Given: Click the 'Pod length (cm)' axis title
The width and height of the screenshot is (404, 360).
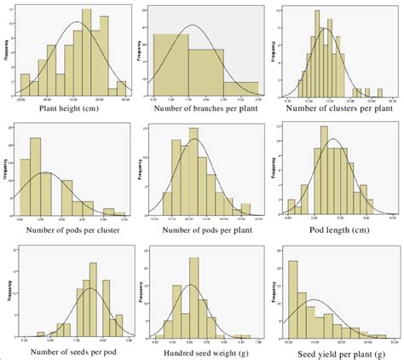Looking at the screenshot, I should [x=334, y=229].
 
